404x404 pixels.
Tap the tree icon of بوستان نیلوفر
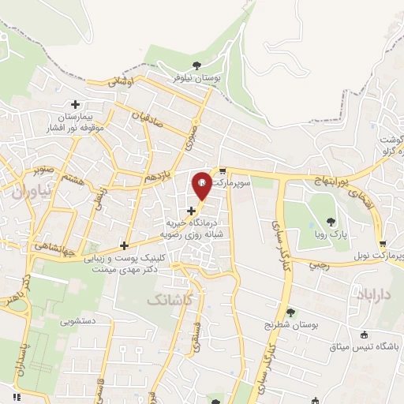click(196, 66)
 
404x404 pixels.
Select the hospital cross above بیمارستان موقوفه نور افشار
click(76, 103)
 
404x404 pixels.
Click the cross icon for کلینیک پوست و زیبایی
click(123, 245)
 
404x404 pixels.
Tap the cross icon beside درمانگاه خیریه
click(191, 210)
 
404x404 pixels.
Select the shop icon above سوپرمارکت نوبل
click(383, 242)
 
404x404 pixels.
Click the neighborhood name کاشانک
click(168, 299)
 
